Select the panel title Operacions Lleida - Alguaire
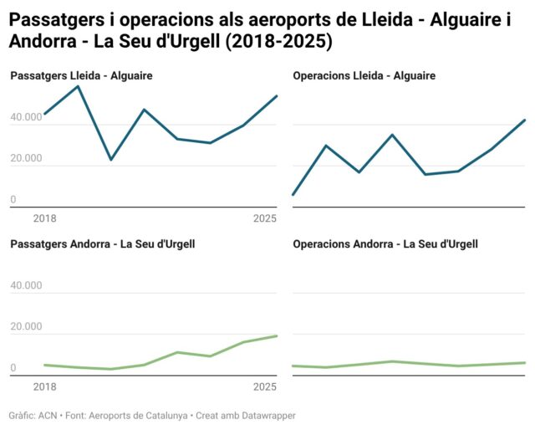click(x=364, y=76)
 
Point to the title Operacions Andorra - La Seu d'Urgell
click(x=385, y=244)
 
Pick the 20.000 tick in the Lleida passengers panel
click(x=26, y=159)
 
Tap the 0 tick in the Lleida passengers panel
click(x=13, y=200)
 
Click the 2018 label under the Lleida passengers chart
click(x=44, y=219)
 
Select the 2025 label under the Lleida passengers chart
click(x=265, y=219)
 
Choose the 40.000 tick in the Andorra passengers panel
click(x=26, y=286)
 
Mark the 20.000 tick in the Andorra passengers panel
click(x=26, y=327)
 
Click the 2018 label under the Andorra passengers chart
click(x=44, y=387)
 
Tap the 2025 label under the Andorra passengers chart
click(x=265, y=387)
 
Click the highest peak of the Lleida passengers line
click(x=78, y=86)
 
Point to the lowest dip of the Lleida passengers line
click(x=110, y=159)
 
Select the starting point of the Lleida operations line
click(x=293, y=195)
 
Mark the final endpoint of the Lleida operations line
click(x=524, y=120)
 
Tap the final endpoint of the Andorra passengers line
click(x=277, y=336)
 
